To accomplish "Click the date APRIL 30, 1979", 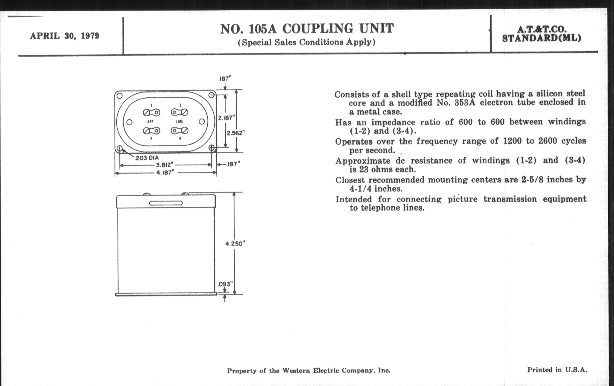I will [x=65, y=36].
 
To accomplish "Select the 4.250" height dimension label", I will [x=235, y=243].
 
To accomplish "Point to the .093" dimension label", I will [x=225, y=284].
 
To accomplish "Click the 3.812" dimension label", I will [x=165, y=164].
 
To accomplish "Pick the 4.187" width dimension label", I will [x=165, y=173].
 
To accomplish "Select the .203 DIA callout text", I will [x=147, y=158].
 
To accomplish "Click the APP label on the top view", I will [x=150, y=122].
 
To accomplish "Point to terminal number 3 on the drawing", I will [x=180, y=105].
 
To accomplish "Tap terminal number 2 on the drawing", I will [x=151, y=139].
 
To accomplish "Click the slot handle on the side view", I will [x=166, y=203].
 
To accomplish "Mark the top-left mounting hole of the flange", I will [x=119, y=96].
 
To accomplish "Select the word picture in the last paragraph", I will [x=462, y=199].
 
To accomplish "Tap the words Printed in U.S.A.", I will [x=557, y=370].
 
